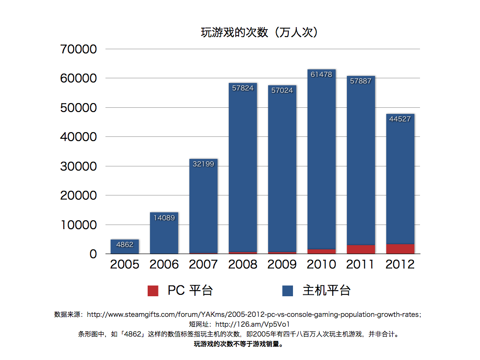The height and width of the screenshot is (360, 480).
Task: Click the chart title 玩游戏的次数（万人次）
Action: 260,32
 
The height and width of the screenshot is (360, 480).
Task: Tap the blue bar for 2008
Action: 243,169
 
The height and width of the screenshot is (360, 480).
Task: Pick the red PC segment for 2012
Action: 400,249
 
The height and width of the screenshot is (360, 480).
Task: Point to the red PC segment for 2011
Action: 361,249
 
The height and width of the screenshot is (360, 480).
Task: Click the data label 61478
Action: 322,75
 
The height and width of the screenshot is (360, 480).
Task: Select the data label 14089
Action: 164,217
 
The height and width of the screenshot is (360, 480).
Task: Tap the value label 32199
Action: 203,164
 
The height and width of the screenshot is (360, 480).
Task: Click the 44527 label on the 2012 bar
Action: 400,119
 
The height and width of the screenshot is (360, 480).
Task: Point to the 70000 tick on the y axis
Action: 79,49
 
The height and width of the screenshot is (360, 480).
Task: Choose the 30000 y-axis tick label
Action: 79,166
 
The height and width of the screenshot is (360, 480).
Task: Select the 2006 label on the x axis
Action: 164,264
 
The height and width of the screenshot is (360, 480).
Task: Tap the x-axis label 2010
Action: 322,264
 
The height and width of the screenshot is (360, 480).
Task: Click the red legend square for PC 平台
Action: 153,291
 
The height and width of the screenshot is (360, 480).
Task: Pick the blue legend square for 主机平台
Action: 288,291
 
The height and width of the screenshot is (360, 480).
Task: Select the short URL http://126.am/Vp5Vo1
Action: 252,324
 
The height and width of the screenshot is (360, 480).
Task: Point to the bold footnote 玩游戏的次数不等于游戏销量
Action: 240,344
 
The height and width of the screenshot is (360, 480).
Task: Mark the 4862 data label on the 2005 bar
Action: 125,245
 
